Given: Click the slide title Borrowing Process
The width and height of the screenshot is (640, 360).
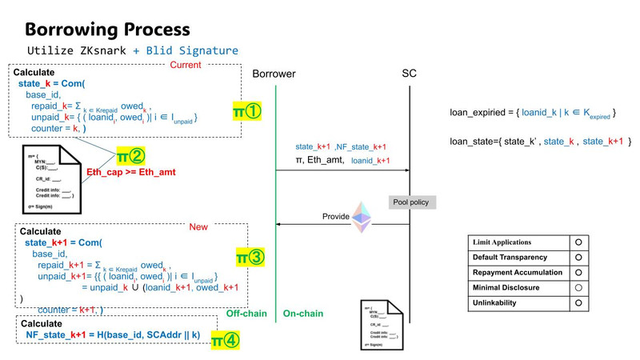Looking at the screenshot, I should tap(107, 29).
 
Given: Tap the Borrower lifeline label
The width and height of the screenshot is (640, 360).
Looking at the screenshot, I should tap(274, 74).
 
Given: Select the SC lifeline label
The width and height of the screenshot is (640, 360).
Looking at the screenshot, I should tap(409, 74).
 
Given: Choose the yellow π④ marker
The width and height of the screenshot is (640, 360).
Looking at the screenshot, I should tap(225, 341).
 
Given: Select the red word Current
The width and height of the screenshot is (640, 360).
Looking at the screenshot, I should tap(186, 65).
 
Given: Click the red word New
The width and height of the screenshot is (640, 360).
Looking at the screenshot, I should tap(198, 227).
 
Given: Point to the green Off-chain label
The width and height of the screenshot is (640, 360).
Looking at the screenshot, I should tap(246, 314).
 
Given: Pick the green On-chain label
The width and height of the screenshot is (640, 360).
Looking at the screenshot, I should tap(303, 314).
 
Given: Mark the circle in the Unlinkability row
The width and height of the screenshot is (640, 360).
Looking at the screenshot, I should tap(577, 303).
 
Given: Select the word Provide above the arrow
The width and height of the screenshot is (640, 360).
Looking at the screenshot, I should tap(336, 217).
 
